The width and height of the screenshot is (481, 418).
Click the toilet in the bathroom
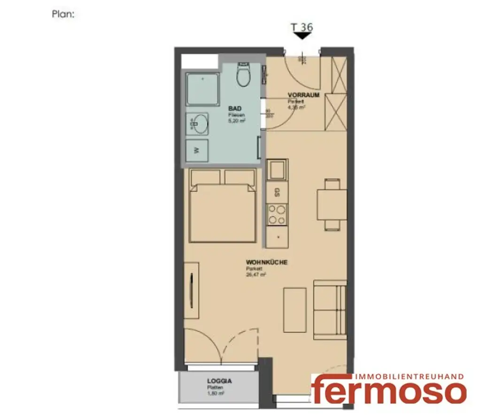coord(244,76)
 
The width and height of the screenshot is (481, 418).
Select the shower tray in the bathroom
coord(202,89)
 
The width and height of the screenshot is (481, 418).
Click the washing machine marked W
coord(197,150)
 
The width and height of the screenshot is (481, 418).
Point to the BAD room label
coord(234,108)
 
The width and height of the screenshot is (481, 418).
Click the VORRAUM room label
coord(303,95)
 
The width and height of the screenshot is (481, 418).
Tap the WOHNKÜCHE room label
coord(266,263)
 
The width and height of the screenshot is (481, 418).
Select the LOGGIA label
coord(220,381)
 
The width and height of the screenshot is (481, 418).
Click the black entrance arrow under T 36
coord(302,36)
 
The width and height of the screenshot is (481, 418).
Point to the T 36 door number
coord(302,27)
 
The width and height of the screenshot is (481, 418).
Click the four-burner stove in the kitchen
coord(277,215)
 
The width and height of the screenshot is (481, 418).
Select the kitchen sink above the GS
coord(277,170)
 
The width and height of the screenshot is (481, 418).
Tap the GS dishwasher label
coord(277,192)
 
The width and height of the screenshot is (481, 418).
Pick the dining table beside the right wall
coord(332,204)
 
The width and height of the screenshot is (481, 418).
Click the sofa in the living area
coord(329,310)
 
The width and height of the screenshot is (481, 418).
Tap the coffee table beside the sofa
coord(295,310)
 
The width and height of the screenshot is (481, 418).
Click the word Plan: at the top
coord(63,14)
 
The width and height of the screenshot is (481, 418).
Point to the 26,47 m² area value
coord(256,275)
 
